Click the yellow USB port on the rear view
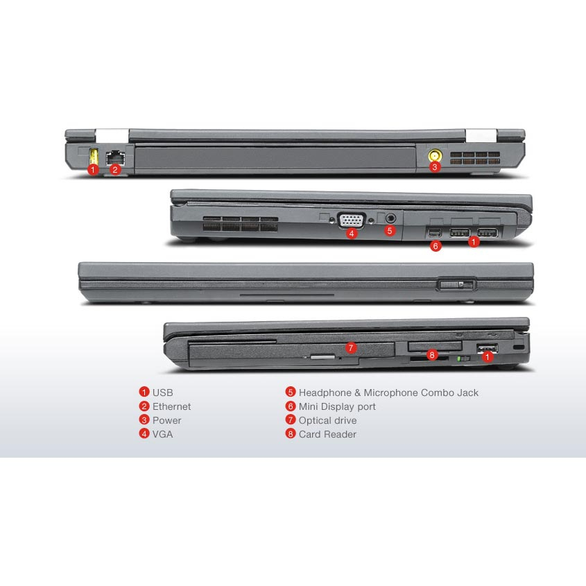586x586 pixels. click(94, 156)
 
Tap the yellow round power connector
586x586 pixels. click(435, 155)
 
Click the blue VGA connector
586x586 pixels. click(351, 220)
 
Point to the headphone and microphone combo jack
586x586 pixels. click(390, 218)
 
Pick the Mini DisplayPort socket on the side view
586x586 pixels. click(434, 232)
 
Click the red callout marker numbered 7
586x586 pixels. click(350, 348)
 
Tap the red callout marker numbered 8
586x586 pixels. click(432, 354)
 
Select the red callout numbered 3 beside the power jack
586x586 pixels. click(434, 167)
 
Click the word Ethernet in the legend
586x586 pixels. click(171, 406)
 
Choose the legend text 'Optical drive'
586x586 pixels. click(327, 420)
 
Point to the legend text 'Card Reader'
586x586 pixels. click(327, 434)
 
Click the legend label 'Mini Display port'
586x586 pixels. click(337, 406)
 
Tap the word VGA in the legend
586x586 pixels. click(162, 434)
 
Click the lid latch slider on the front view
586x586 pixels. click(456, 284)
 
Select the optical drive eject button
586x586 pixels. click(322, 357)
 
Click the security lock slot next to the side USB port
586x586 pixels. click(519, 347)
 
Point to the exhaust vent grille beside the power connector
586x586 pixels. click(474, 157)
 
